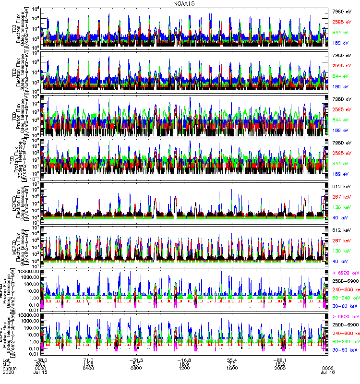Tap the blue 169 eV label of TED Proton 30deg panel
click(342, 174)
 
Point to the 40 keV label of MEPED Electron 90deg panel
click(342, 261)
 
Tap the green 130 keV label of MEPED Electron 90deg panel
click(342, 251)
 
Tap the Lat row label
click(6, 360)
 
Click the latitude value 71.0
click(88, 360)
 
